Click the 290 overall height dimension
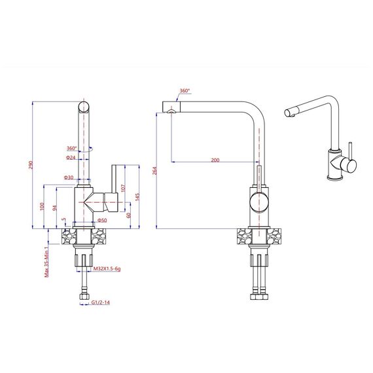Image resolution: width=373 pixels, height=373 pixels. (31, 165)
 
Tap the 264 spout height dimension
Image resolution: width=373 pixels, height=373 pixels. (154, 171)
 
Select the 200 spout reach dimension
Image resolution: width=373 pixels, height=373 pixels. (215, 160)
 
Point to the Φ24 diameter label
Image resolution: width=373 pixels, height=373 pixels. (71, 158)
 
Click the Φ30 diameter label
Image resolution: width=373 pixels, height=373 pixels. (69, 177)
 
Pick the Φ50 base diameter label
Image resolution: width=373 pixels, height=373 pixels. (102, 221)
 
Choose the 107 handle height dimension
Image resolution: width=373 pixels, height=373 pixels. (123, 188)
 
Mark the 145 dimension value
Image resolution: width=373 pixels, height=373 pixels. (137, 197)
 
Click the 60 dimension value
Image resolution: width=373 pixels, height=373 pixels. (129, 215)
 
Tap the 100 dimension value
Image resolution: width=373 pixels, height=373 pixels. (42, 206)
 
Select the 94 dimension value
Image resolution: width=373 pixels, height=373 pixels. (55, 208)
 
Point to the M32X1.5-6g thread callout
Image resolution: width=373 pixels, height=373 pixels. (107, 268)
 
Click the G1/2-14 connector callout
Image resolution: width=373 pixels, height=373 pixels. (101, 302)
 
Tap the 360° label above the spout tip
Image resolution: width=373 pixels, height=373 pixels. (185, 91)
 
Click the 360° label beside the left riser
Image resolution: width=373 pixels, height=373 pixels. (72, 148)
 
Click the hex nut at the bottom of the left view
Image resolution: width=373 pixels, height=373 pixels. (84, 296)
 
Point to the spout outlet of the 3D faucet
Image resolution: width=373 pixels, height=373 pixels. (289, 113)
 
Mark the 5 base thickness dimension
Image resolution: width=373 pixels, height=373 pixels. (63, 219)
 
